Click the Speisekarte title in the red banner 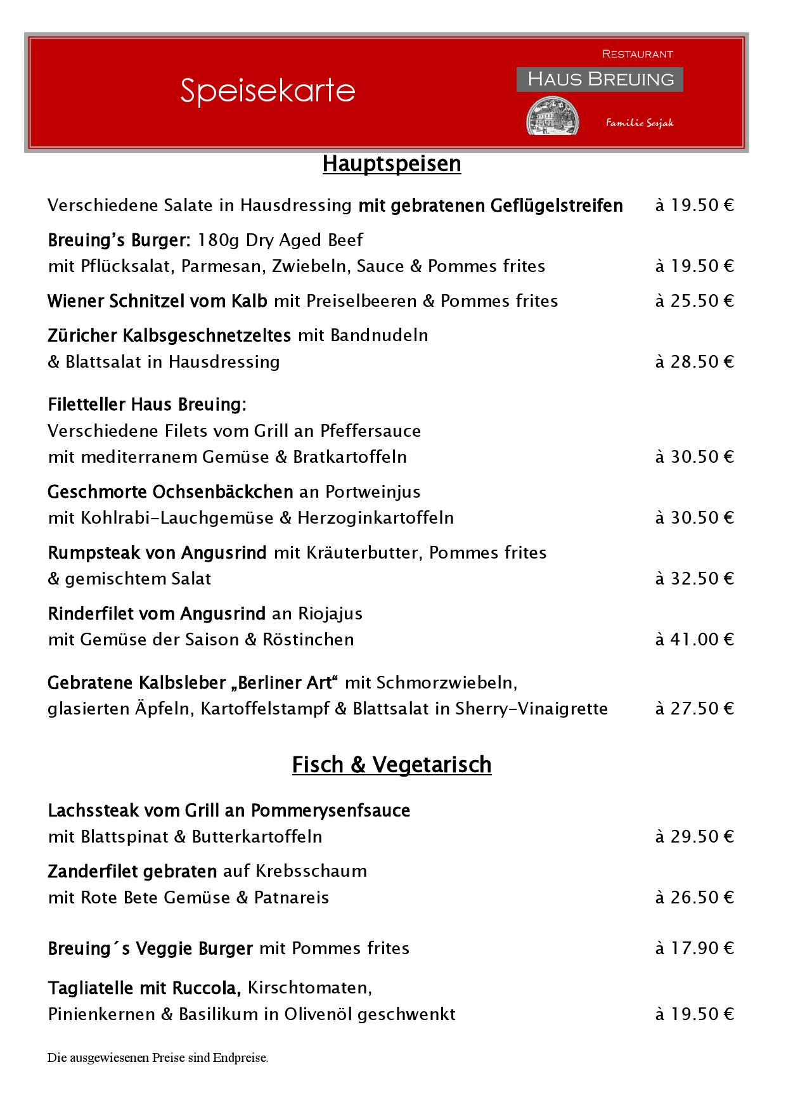pos(267,90)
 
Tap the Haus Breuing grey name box pos(600,79)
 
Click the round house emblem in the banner pos(553,116)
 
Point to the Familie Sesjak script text pos(640,123)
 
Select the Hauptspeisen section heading pos(392,164)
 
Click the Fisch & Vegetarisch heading pos(392,765)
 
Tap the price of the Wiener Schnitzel pos(695,301)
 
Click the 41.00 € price pos(695,639)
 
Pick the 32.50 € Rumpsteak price pos(695,578)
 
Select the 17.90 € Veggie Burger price pos(695,948)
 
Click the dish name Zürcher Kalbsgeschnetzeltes pos(169,335)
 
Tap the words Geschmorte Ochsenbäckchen pos(171,491)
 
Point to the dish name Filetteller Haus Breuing pos(147,404)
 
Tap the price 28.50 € pos(695,361)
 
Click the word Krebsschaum pos(311,871)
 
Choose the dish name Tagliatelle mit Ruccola pos(144,988)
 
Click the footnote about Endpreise pos(158,1057)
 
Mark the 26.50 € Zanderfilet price pos(695,897)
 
